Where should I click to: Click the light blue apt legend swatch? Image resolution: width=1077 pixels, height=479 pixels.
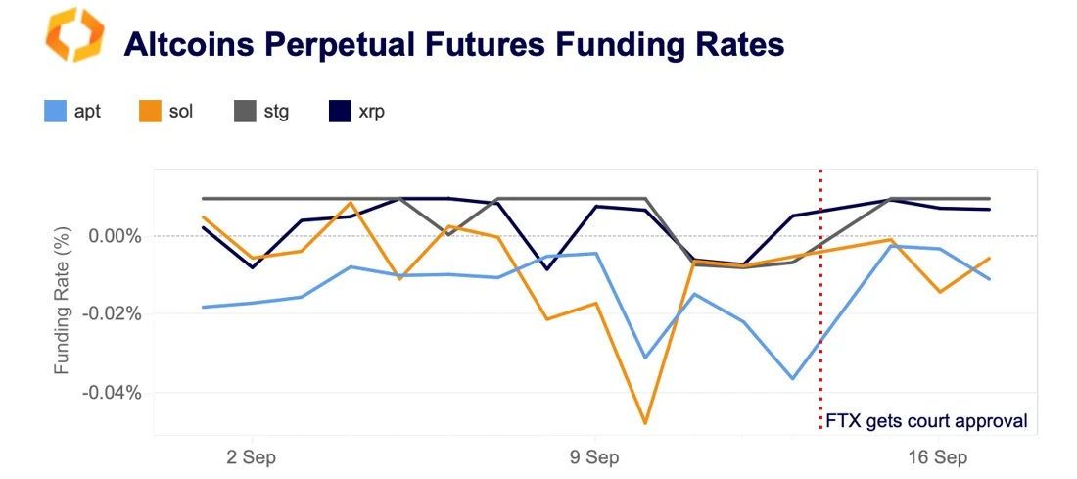tap(55, 111)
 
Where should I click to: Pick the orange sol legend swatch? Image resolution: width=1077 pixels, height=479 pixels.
tap(149, 111)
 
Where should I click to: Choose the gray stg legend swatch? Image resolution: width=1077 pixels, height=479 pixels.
tap(241, 111)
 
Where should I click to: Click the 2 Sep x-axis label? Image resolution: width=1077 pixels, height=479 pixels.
tap(253, 456)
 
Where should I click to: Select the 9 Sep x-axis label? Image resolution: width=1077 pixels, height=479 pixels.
tap(594, 456)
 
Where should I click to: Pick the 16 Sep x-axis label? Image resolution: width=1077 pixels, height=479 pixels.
tap(936, 456)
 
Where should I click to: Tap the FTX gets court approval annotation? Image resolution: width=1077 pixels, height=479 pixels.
tap(926, 421)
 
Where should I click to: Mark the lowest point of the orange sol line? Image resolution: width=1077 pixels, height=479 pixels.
tap(645, 424)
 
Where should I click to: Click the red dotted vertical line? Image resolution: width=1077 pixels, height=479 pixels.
tap(820, 294)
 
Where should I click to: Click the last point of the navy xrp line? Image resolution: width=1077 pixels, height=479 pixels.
tap(990, 209)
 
